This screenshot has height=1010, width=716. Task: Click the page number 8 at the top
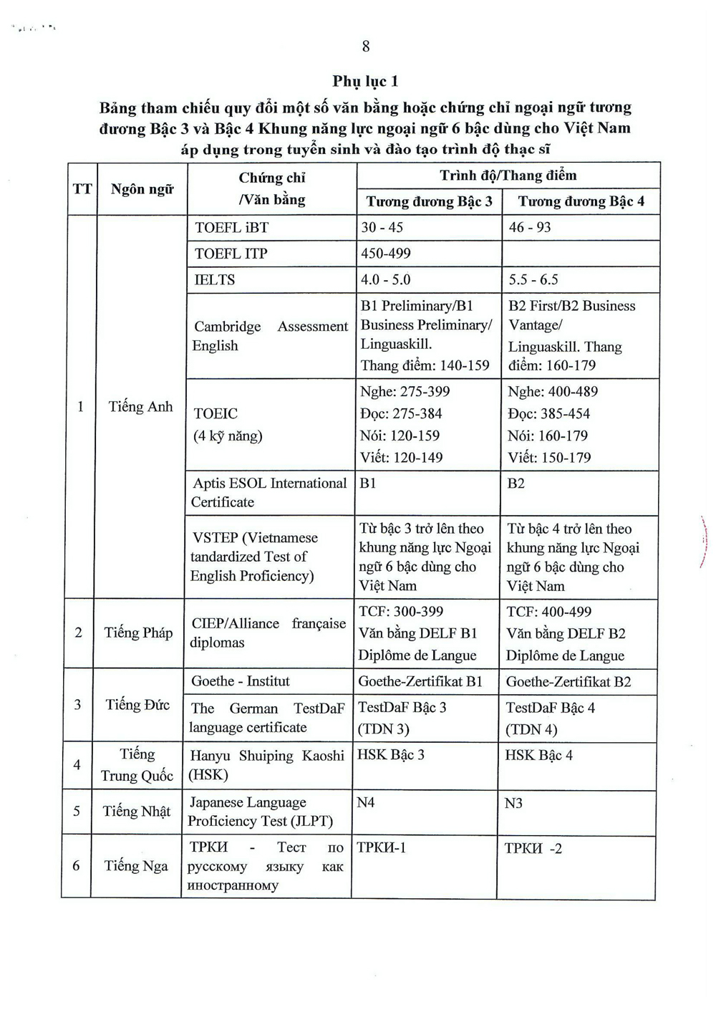pos(366,47)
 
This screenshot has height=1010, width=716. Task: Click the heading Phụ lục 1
pos(365,81)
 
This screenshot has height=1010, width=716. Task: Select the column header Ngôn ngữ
pos(142,189)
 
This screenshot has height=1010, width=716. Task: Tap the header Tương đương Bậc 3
pos(430,201)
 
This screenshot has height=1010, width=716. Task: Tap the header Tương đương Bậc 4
pos(581,201)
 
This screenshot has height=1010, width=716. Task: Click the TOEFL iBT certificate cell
pos(231,228)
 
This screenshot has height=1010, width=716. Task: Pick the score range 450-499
pos(386,254)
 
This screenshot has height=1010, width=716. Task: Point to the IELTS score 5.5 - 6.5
pos(533,280)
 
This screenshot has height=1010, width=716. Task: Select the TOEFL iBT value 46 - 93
pos(530,228)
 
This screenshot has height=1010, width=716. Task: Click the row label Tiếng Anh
pos(140,407)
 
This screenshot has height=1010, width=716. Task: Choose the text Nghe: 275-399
pos(405,392)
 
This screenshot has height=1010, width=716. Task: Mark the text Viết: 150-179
pos(549,458)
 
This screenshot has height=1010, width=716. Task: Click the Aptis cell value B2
pos(516,484)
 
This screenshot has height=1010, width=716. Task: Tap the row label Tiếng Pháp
pos(138,633)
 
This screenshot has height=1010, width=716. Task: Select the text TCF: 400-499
pos(549,612)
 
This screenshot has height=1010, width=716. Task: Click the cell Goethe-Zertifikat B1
pos(420,681)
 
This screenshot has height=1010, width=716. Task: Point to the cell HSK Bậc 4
pos(538,755)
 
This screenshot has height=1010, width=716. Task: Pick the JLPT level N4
pos(366,802)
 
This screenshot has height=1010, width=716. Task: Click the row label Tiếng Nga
pos(136,866)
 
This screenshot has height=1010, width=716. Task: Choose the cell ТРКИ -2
pos(533,849)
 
